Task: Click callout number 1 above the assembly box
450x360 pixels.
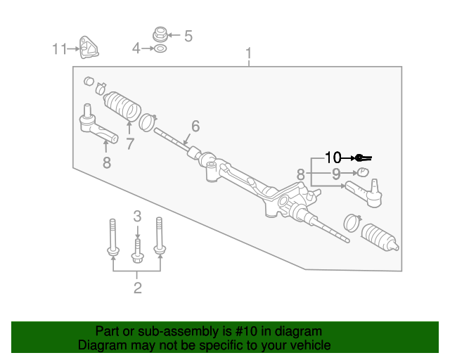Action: (248, 53)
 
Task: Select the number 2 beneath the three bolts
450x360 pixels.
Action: (137, 287)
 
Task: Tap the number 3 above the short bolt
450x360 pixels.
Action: (138, 216)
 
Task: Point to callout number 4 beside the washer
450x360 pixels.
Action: (136, 49)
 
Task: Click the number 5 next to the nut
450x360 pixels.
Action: (188, 35)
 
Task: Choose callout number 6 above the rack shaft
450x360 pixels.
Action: (195, 126)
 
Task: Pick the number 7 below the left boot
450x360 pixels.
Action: (129, 144)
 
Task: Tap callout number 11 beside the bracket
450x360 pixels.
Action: (58, 49)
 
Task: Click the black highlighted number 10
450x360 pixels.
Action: (333, 157)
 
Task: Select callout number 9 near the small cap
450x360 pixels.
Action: (336, 173)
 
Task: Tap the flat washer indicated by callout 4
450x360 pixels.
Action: (160, 49)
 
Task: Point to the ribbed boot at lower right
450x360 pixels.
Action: (380, 237)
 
